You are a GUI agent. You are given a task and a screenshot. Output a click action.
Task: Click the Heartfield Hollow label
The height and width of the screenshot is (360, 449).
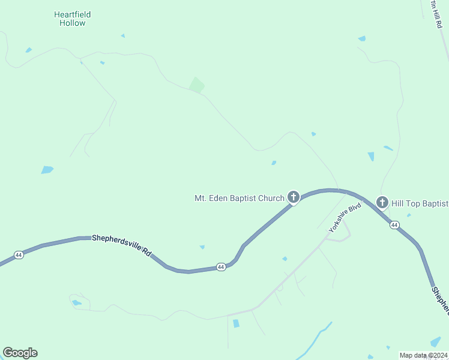pos(72,19)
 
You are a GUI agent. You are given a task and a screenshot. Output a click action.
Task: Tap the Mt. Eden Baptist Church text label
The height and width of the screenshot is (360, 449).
pos(239,198)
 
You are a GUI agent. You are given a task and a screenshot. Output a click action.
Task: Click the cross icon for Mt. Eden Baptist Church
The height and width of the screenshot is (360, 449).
pos(294,196)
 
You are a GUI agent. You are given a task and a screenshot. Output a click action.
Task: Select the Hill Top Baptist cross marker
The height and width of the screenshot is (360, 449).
pos(382,203)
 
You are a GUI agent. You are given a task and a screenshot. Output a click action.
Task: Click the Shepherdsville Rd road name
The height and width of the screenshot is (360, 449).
pos(122,245)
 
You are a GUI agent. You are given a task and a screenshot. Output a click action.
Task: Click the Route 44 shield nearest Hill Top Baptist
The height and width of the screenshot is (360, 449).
pos(394,224)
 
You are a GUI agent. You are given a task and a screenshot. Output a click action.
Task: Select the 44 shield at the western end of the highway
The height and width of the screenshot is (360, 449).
pos(19,255)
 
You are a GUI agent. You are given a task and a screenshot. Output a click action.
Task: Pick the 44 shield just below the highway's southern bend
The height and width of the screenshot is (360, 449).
pos(221,266)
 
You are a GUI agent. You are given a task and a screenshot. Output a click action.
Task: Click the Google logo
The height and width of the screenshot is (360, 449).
pos(20,353)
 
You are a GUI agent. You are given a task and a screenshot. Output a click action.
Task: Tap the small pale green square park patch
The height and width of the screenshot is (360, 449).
pos(196,85)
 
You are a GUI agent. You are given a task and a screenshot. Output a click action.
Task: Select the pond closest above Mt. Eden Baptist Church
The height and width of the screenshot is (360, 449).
pos(274,163)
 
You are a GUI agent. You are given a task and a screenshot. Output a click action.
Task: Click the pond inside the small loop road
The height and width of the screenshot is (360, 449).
pos(76,302)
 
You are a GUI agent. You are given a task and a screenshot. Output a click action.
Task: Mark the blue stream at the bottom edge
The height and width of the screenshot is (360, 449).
pos(312,342)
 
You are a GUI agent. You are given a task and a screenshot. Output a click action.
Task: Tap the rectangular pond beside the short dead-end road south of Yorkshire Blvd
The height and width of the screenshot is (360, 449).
pos(236,323)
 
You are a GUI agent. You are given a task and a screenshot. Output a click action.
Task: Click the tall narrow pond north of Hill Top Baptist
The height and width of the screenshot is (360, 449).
pos(371,157)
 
